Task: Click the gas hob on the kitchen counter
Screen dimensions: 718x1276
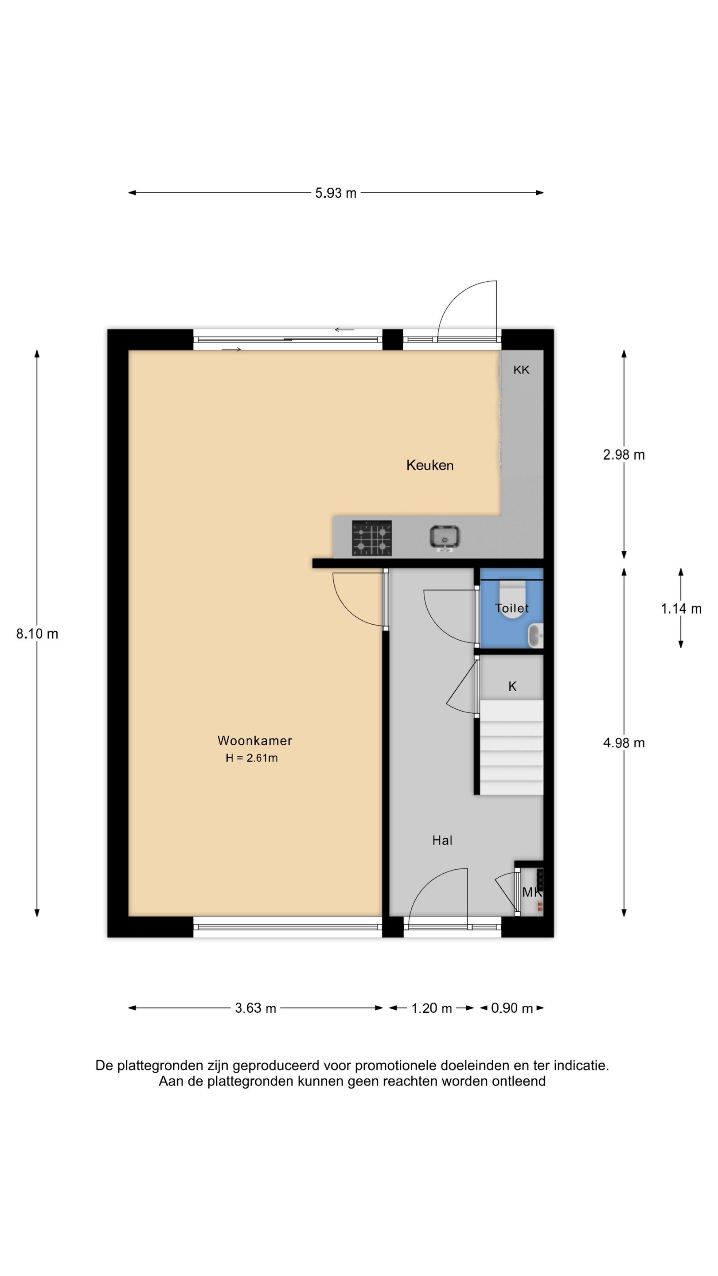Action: (372, 538)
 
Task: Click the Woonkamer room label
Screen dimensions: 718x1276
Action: (255, 740)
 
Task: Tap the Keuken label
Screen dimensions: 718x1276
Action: (429, 465)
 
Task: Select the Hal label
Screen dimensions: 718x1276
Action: (442, 840)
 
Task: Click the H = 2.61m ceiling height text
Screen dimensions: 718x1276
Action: (252, 758)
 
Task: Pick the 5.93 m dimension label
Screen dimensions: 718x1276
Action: (336, 193)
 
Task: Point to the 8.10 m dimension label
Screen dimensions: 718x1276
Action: (37, 634)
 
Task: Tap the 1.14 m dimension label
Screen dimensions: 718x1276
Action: (681, 609)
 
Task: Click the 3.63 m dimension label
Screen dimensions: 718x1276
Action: (255, 1008)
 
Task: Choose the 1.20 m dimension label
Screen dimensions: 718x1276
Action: (432, 1008)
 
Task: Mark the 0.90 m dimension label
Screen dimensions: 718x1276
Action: (512, 1008)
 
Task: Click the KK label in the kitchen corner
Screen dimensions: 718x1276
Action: (521, 370)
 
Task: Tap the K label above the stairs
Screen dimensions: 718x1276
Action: (512, 686)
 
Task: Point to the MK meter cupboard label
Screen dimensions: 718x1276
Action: (532, 892)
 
